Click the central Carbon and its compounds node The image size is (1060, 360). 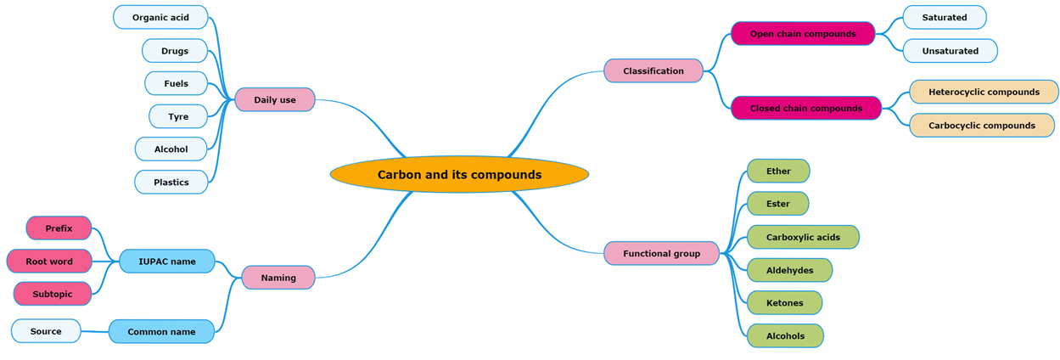click(459, 175)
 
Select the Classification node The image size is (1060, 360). click(653, 71)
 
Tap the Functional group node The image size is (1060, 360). click(661, 253)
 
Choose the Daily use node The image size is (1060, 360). click(275, 100)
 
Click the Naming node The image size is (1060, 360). click(278, 278)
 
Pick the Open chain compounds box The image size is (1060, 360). click(803, 34)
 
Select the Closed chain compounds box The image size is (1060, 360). click(806, 109)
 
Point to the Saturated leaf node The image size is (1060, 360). click(944, 18)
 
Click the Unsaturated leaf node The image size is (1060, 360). click(950, 51)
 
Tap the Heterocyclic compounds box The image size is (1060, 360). click(984, 92)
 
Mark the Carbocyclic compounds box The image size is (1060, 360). click(981, 126)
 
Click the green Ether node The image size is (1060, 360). click(778, 172)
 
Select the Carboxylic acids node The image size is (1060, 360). click(803, 238)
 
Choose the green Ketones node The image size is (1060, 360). click(784, 303)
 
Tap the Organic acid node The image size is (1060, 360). click(160, 18)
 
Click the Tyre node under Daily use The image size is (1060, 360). click(178, 117)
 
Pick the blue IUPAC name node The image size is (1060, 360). click(167, 262)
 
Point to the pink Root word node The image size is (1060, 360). click(49, 262)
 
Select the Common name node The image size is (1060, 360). click(161, 332)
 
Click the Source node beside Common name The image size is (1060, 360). click(46, 331)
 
